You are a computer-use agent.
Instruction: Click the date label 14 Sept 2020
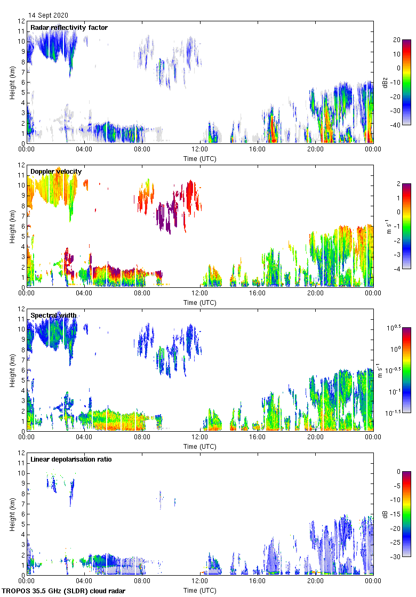pos(48,15)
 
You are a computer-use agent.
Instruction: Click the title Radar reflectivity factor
pos(69,27)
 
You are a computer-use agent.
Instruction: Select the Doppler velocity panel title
pos(56,171)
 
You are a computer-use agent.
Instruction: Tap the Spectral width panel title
pos(53,315)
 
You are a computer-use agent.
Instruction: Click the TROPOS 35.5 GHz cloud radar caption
pos(65,591)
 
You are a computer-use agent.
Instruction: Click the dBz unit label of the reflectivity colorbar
pos(385,82)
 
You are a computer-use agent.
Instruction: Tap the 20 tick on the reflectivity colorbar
pos(397,39)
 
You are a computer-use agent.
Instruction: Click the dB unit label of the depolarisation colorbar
pos(385,514)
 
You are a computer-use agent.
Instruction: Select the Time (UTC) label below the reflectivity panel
pos(199,158)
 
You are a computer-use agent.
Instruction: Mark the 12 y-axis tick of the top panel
pos(21,21)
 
